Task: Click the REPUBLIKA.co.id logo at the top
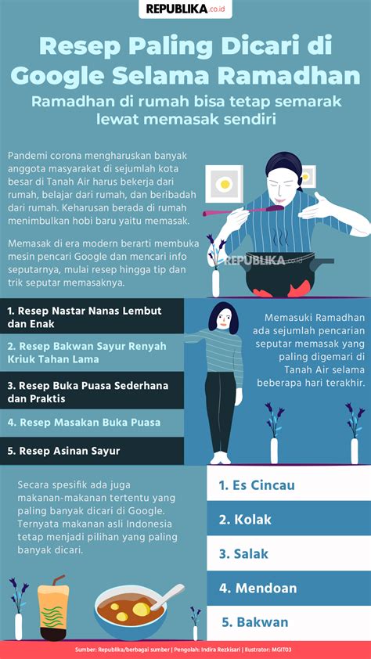click(185, 9)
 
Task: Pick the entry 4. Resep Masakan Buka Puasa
click(84, 423)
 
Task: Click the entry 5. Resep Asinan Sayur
click(63, 451)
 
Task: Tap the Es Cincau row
click(289, 485)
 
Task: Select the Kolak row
click(289, 520)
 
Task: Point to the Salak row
click(289, 554)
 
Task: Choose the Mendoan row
click(289, 588)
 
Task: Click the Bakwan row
click(289, 622)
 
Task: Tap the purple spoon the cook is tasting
click(243, 211)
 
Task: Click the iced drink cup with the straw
click(53, 605)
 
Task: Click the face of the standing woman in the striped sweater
click(223, 319)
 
